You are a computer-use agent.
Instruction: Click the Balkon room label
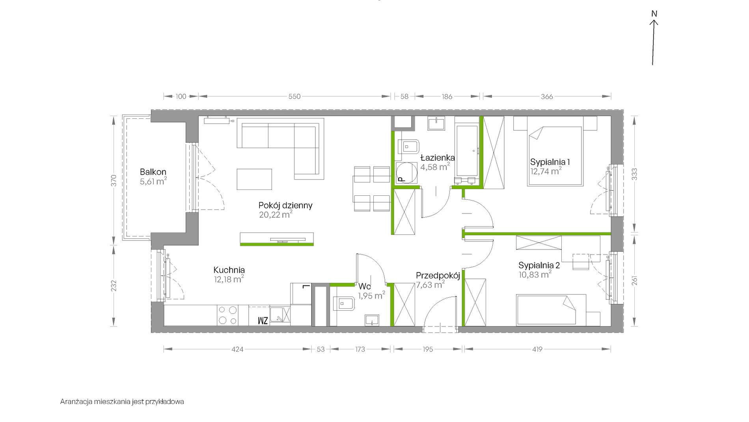(x=153, y=172)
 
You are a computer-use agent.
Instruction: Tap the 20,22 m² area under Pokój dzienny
(x=276, y=215)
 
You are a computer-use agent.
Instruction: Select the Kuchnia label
(x=229, y=270)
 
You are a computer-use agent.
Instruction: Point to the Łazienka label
(x=437, y=158)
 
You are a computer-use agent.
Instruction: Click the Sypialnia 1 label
(x=550, y=162)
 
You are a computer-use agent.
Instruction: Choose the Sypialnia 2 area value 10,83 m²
(x=535, y=274)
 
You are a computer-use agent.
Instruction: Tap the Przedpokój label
(x=438, y=276)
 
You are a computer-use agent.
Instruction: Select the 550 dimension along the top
(x=294, y=96)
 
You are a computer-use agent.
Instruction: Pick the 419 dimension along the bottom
(x=537, y=349)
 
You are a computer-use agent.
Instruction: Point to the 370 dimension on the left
(x=114, y=180)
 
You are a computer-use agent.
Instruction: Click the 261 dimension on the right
(x=634, y=281)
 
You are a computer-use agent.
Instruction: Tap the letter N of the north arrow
(x=654, y=14)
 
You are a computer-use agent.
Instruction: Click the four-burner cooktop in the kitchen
(x=228, y=315)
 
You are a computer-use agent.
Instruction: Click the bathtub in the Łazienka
(x=467, y=150)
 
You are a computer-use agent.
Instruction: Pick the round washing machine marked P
(x=406, y=173)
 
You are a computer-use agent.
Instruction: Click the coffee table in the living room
(x=254, y=179)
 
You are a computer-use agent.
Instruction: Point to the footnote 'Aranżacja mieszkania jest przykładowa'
(x=122, y=402)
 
